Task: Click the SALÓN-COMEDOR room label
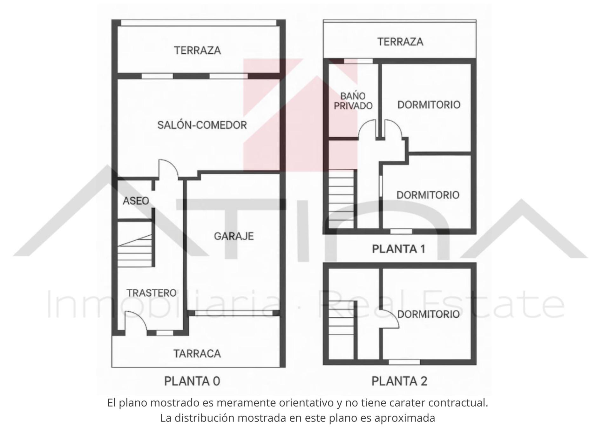pyautogui.click(x=202, y=125)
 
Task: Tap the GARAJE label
pyautogui.click(x=234, y=236)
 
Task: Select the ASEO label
pyautogui.click(x=136, y=201)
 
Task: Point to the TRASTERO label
pyautogui.click(x=152, y=293)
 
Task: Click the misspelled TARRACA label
pyautogui.click(x=197, y=354)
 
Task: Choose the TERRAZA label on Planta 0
pyautogui.click(x=197, y=50)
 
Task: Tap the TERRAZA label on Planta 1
pyautogui.click(x=400, y=42)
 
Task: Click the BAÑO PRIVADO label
pyautogui.click(x=353, y=101)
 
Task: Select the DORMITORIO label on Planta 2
pyautogui.click(x=428, y=314)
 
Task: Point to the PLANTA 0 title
pyautogui.click(x=192, y=381)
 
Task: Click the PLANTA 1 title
pyautogui.click(x=398, y=249)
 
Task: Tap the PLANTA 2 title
pyautogui.click(x=399, y=381)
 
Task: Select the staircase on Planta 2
pyautogui.click(x=342, y=318)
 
